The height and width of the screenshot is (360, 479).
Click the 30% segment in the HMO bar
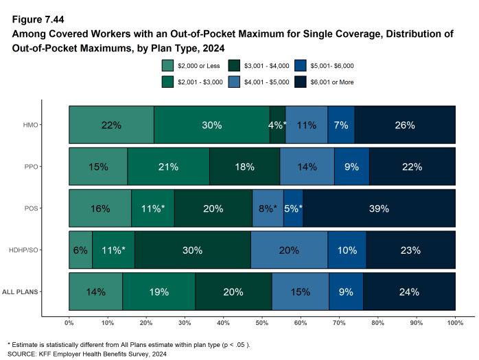pos(211,125)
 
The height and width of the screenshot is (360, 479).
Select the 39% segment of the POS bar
pos(379,208)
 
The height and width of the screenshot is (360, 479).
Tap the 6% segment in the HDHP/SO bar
pos(80,250)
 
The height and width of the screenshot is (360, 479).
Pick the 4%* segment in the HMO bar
pos(277,125)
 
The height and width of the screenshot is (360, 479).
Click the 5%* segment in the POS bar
pos(293,208)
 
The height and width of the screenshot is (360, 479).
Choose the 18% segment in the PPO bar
pos(245,167)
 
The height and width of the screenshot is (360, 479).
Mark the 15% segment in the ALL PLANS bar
pos(300,291)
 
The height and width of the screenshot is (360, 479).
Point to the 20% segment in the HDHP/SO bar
pos(289,250)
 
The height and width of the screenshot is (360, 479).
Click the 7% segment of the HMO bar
pos(341,125)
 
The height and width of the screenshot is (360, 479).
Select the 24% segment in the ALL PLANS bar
pos(410,291)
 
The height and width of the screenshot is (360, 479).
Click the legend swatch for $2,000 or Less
pos(167,66)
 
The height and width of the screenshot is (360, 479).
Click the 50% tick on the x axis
pos(262,322)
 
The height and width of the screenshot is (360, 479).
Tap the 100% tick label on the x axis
pos(455,322)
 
